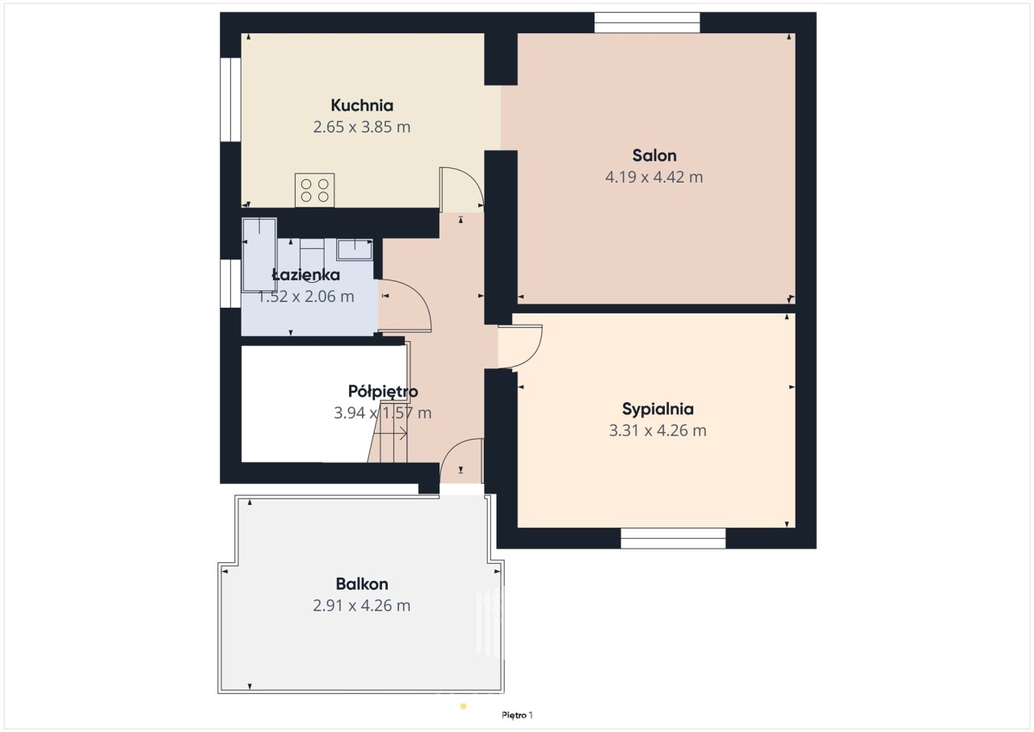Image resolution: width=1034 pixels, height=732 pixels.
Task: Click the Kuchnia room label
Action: point(362,106)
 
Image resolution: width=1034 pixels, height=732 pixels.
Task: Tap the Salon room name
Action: point(654,156)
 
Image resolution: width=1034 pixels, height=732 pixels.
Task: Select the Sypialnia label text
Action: point(658,410)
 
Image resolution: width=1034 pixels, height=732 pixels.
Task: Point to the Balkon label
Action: point(362,584)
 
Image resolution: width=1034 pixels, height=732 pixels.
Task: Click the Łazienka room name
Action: point(305,275)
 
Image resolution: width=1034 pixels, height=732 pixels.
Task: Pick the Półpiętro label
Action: point(383,392)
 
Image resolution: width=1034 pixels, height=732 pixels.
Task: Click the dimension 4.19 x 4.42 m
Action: point(654,177)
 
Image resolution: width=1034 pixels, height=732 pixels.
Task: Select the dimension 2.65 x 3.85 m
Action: point(362,127)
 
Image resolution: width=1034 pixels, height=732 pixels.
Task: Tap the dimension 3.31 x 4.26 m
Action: point(658,431)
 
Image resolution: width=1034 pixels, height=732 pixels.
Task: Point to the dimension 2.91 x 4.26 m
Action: point(362,605)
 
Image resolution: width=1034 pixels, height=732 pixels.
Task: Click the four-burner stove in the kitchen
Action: point(315,190)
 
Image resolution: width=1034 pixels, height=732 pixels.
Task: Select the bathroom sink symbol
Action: point(355,250)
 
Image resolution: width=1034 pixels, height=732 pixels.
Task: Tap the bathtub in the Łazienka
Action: point(259,255)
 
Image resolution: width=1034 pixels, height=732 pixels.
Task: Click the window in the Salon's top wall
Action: point(647,23)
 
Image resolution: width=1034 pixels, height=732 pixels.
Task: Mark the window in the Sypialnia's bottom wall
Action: point(673,538)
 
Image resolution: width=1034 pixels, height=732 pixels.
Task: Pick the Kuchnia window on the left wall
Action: point(230,99)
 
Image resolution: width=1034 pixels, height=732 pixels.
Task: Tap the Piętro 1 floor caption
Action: point(517,715)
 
